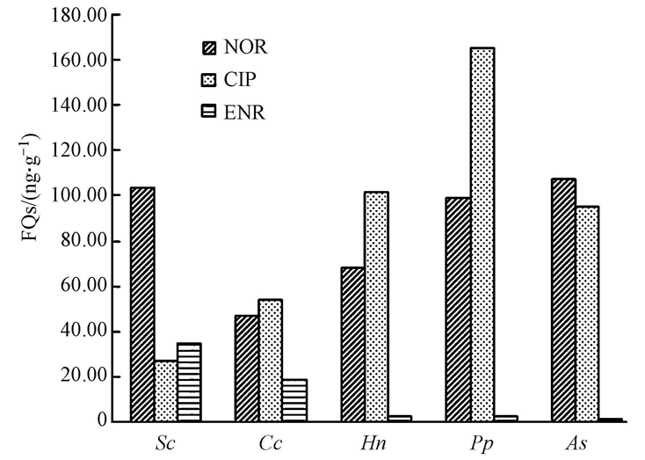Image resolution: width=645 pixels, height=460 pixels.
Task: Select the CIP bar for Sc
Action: coord(165,391)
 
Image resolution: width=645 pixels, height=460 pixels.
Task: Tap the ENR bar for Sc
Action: coord(188,382)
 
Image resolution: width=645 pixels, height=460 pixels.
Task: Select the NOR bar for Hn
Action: coord(352,344)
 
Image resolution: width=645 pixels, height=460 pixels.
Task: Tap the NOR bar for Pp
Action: coord(459,309)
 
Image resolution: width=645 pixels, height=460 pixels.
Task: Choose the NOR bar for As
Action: coord(563,300)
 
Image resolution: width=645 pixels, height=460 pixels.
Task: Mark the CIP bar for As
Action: coord(587,313)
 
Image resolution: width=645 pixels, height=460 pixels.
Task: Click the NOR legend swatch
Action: coord(208,47)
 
